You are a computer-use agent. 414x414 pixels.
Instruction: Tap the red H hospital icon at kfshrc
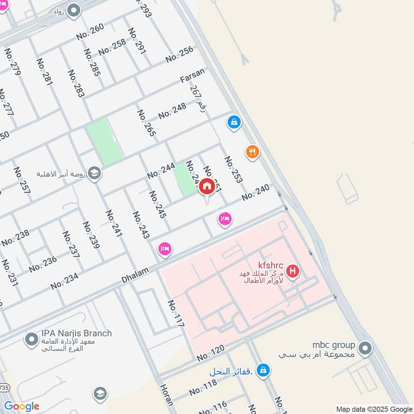click(293, 270)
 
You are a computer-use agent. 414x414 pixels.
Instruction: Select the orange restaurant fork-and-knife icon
click(252, 152)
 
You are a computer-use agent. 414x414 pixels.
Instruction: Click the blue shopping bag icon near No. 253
click(234, 122)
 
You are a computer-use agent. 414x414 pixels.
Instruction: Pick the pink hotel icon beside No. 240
click(224, 219)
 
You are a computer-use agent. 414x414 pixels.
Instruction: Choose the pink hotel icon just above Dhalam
click(165, 249)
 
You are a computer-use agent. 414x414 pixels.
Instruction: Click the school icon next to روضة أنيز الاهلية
click(94, 173)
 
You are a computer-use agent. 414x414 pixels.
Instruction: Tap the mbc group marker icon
click(365, 348)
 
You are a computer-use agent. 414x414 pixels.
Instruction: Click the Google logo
click(21, 406)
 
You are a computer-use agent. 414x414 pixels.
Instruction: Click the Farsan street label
click(192, 76)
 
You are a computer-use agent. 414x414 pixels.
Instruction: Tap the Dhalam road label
click(135, 274)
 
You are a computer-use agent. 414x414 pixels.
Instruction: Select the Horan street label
click(166, 394)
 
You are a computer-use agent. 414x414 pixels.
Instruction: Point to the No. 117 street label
click(176, 314)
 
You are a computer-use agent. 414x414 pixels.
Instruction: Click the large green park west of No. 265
click(105, 141)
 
